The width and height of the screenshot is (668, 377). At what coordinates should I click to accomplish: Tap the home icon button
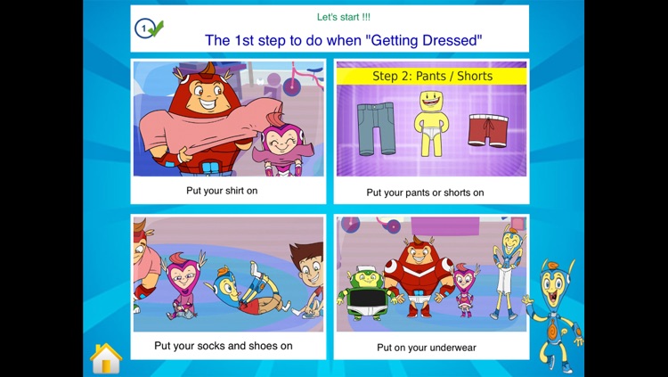[105, 357]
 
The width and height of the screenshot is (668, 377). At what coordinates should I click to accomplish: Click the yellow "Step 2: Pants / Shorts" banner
[431, 76]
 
